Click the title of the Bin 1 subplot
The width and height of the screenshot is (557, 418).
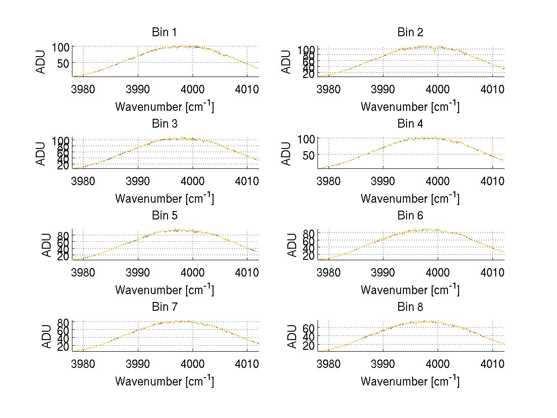[164, 32]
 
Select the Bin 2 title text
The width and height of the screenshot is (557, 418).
[410, 32]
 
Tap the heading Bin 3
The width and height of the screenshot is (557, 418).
[164, 123]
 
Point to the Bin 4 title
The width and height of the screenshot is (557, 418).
[410, 123]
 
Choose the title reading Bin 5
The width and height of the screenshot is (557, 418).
[164, 215]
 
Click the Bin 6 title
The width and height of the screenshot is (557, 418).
[410, 215]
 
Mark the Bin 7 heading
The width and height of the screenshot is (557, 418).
[164, 307]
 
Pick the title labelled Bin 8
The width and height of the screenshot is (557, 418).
[410, 307]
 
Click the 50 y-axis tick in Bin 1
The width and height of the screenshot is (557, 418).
[63, 63]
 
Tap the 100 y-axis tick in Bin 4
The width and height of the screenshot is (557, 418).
[305, 138]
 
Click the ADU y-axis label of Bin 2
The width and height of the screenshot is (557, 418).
[287, 61]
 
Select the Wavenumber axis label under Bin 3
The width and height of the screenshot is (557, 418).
[164, 198]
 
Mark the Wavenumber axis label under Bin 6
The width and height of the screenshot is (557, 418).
[410, 289]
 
